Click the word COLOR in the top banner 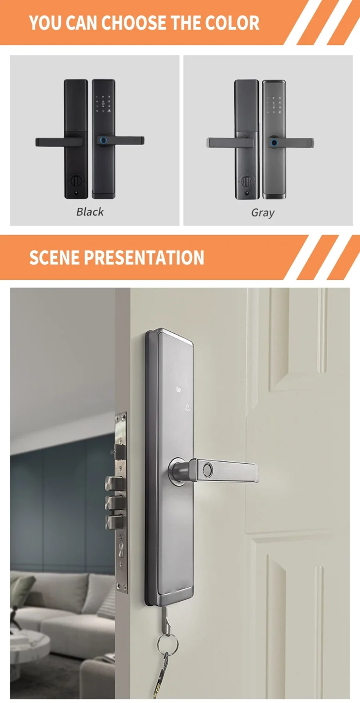232,23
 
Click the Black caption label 90,212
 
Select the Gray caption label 263,212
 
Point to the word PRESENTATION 144,257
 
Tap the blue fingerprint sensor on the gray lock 274,142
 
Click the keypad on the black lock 103,103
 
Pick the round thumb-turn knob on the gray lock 246,182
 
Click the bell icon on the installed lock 188,408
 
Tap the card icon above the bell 178,389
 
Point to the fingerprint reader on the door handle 208,469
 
